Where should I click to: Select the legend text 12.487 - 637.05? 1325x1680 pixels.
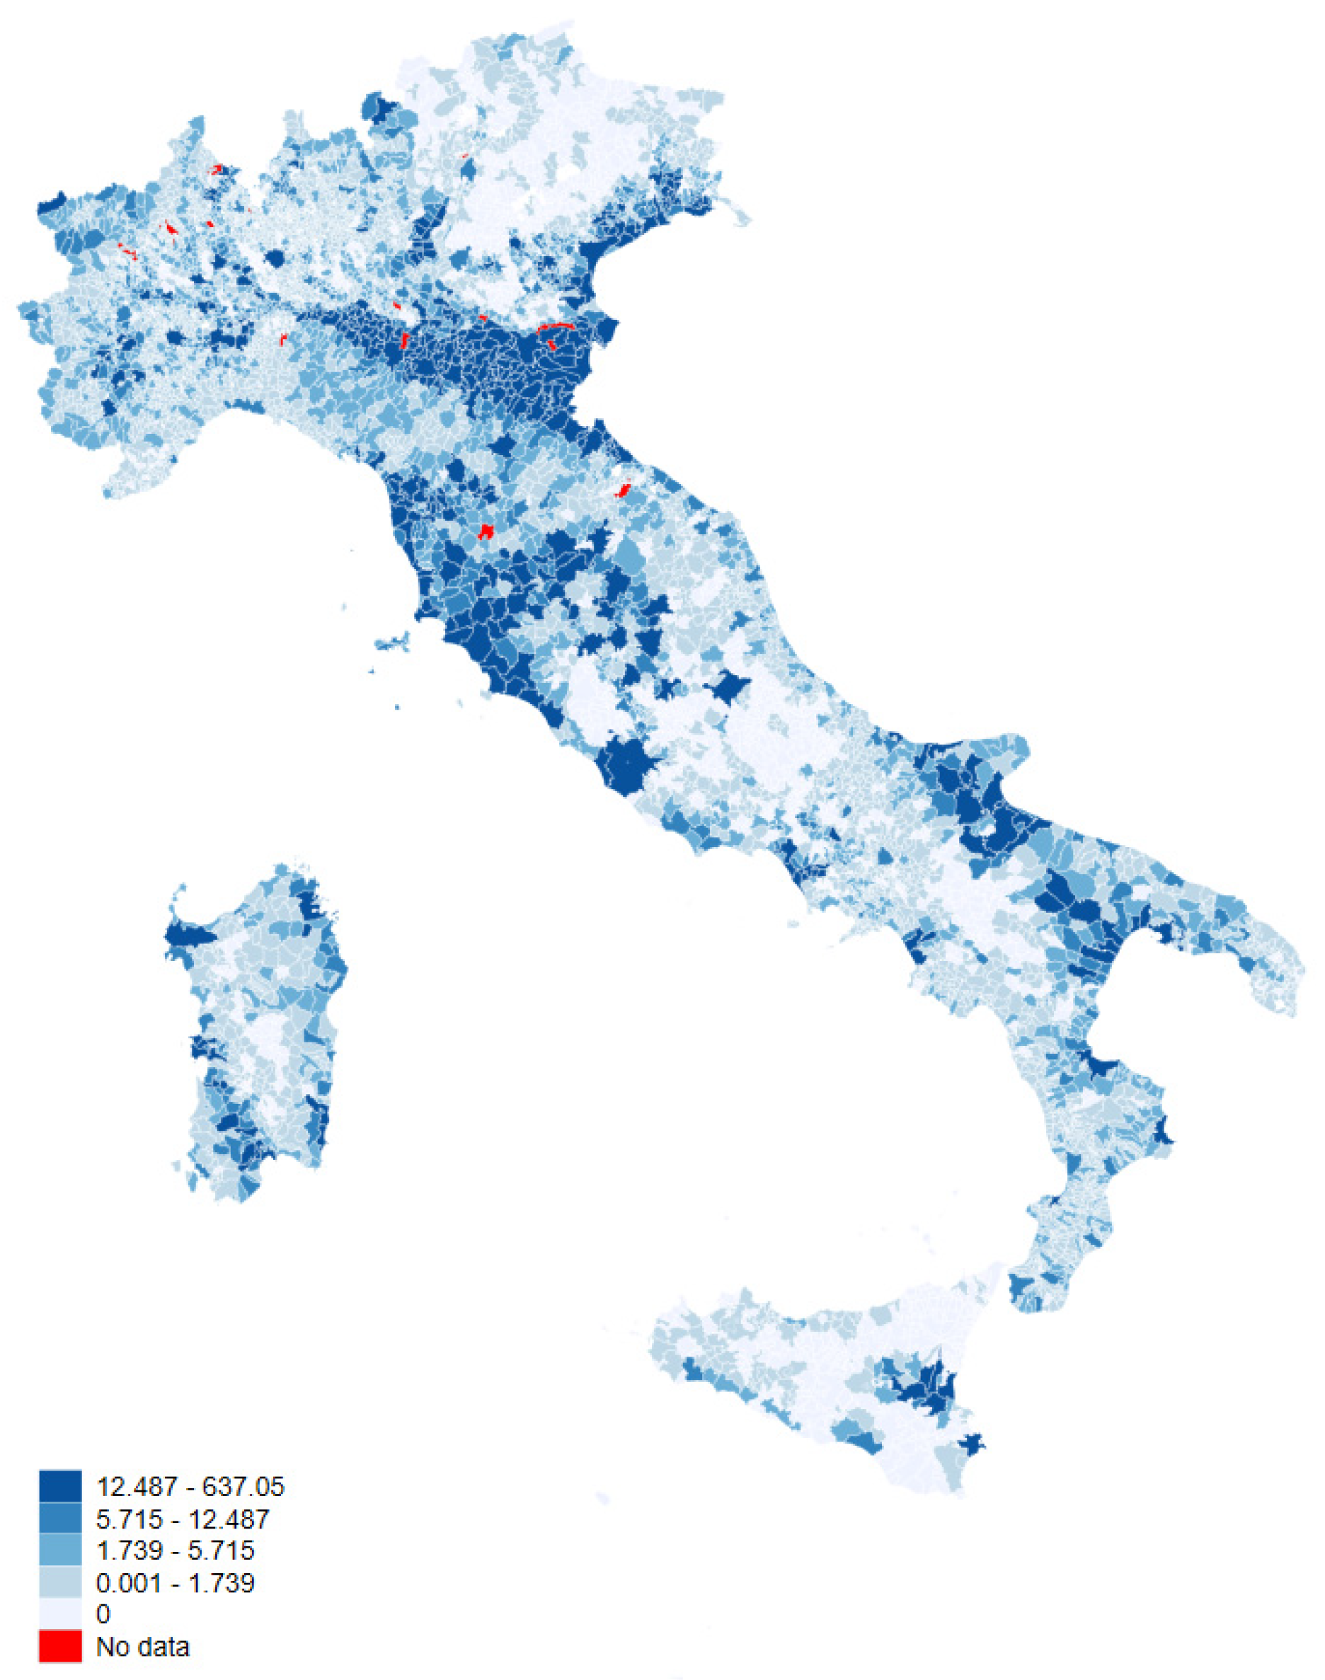(190, 1486)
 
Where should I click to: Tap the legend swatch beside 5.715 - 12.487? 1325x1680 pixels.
(59, 1518)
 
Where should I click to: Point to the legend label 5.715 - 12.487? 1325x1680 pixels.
(183, 1518)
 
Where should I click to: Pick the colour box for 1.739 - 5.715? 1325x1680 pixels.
(59, 1550)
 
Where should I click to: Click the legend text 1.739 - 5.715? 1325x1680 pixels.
(175, 1550)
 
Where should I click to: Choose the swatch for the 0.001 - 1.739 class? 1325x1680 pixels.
(59, 1582)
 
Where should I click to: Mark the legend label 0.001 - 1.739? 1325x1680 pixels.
(175, 1582)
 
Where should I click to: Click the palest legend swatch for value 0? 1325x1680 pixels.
(59, 1613)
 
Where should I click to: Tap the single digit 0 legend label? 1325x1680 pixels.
(103, 1613)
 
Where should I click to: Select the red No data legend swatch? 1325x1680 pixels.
(59, 1646)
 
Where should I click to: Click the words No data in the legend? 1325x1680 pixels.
(142, 1646)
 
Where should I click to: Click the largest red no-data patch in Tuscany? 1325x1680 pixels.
(486, 531)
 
